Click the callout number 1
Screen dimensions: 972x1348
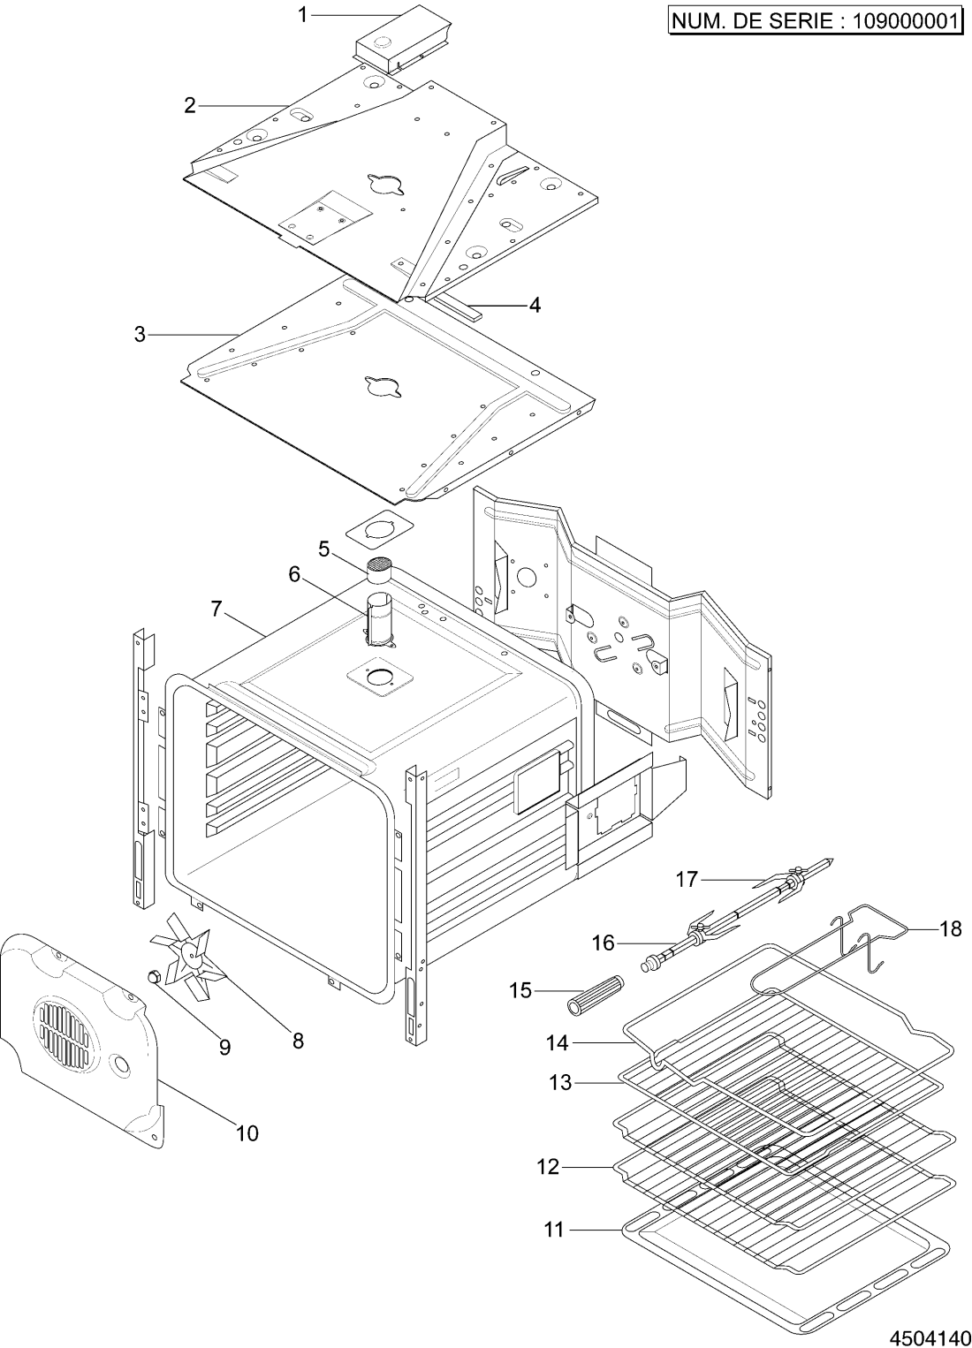tap(303, 15)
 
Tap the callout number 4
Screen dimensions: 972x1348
tap(535, 306)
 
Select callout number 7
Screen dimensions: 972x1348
tap(216, 609)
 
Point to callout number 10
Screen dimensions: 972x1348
tap(247, 1133)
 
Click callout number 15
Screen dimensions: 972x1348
tap(520, 990)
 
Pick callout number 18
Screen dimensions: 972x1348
tap(950, 930)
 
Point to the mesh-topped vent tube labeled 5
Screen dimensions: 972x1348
tap(378, 569)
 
